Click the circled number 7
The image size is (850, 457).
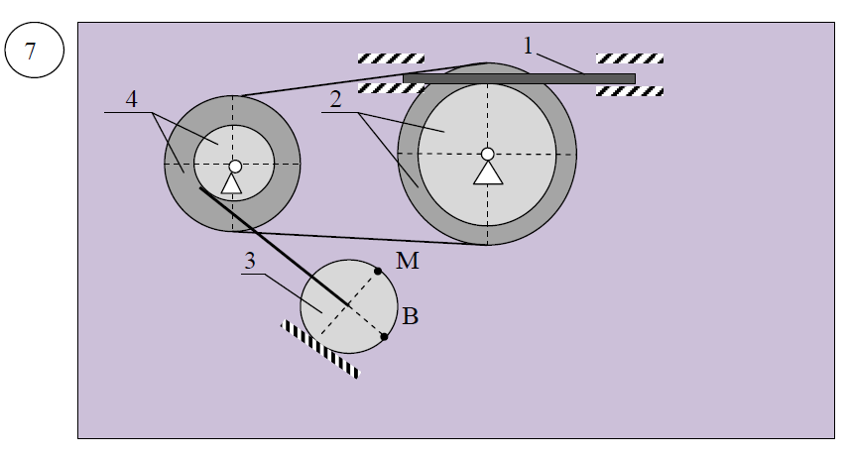tap(31, 52)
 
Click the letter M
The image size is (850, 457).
tap(406, 262)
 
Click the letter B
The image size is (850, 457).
tap(410, 317)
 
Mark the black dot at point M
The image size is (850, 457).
tap(379, 271)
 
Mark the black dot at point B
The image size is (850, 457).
tap(385, 337)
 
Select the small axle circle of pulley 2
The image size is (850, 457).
tap(487, 154)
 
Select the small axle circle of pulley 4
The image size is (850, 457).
tap(235, 167)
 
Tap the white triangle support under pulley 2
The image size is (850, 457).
tap(487, 173)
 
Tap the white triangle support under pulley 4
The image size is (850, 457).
tap(232, 183)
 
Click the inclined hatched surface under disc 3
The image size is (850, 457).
tap(318, 348)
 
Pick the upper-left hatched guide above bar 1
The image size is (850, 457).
tap(391, 58)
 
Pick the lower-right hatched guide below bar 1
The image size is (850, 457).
tap(630, 91)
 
